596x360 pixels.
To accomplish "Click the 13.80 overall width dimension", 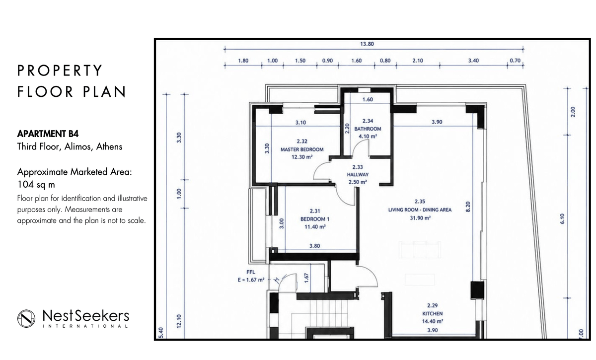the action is [367, 44].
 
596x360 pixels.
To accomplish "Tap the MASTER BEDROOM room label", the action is [302, 149].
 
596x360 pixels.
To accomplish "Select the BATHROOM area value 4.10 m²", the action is [368, 136].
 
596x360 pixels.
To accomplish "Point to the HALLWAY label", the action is [358, 175].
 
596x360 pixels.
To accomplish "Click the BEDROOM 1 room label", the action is [315, 219].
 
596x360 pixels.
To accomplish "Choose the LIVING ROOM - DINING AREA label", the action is [420, 210].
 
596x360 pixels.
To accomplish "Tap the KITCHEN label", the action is [433, 313].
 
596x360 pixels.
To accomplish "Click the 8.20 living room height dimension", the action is [468, 207].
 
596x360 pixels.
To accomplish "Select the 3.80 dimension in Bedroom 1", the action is [314, 246].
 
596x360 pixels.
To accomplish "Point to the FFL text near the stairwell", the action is [251, 272].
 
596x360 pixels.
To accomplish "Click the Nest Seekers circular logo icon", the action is [26, 318].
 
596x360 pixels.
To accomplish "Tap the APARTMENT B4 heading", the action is [48, 134].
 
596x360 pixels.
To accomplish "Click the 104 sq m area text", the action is [36, 184].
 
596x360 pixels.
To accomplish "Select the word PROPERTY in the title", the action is [60, 71].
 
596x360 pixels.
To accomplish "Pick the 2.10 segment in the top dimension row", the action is [418, 61].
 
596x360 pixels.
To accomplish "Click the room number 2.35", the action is [420, 202].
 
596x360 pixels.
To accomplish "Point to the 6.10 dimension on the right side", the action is [562, 218].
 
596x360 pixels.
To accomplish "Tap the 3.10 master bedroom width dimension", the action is [300, 122].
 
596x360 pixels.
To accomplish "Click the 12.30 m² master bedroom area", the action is [302, 157].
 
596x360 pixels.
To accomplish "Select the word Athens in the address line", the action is [109, 146].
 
